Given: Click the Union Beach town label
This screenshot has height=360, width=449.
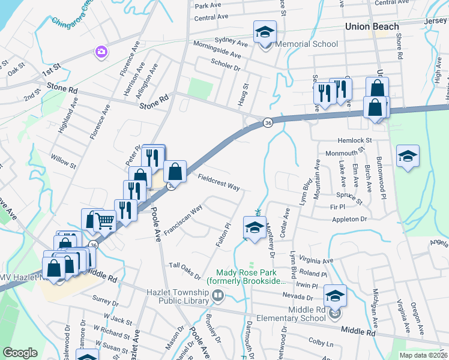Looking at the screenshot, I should [372, 26].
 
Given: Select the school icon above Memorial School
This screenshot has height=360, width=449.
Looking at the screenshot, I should [264, 33].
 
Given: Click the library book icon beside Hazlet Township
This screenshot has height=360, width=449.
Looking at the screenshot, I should [218, 295].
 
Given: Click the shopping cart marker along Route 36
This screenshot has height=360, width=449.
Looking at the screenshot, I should [105, 221].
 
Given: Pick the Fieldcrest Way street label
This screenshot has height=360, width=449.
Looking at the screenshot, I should [218, 181].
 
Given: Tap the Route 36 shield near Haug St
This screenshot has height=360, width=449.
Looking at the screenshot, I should [268, 123].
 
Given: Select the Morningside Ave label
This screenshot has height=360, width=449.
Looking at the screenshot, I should [217, 50].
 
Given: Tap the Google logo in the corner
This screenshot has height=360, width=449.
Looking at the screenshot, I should [20, 352].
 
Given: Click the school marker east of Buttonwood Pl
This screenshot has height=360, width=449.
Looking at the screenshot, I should [408, 157].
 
